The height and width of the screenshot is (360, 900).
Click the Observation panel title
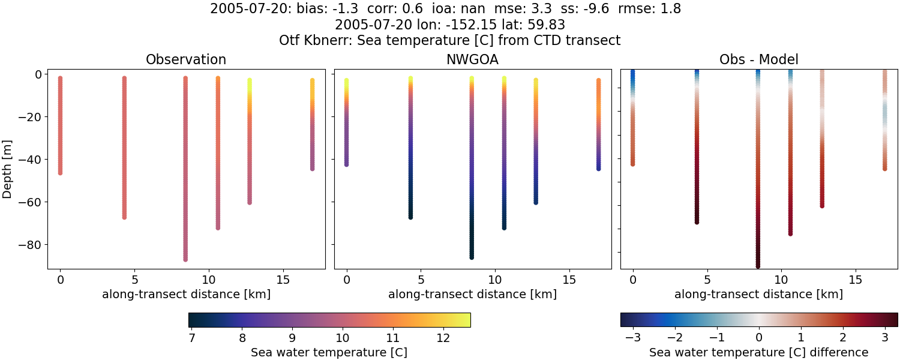(x=186, y=60)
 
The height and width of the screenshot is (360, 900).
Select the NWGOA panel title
(x=472, y=60)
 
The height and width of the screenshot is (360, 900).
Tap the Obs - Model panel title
(x=758, y=60)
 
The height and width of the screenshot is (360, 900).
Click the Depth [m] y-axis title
(x=7, y=167)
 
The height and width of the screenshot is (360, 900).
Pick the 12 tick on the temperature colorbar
(x=443, y=338)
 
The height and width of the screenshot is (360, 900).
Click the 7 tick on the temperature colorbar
(x=192, y=338)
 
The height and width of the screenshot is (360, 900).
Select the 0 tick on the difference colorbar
(x=759, y=338)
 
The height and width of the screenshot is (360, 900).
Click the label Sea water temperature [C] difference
(x=758, y=352)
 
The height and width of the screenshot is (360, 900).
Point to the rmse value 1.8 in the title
(x=671, y=9)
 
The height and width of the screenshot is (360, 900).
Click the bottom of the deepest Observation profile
(x=185, y=259)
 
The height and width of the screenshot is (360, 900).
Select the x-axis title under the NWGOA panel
(x=472, y=295)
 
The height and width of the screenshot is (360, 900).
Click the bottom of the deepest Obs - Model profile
(x=758, y=266)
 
